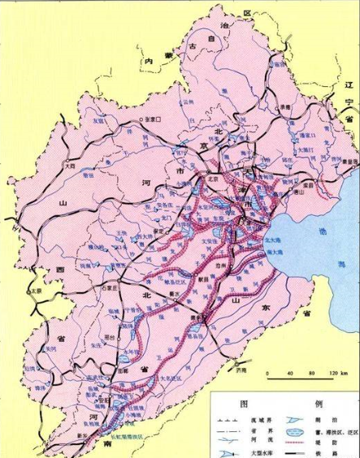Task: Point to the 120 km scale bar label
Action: [334, 374]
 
